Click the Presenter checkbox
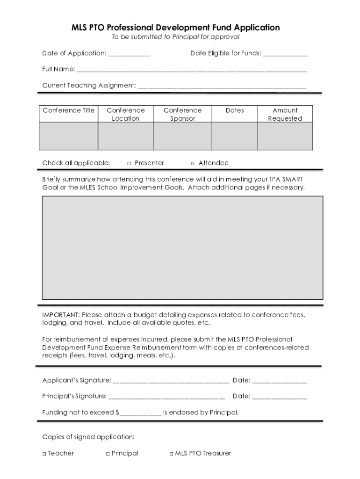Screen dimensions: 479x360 click(x=129, y=163)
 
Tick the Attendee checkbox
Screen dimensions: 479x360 click(x=193, y=163)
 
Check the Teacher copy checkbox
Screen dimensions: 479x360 click(x=44, y=453)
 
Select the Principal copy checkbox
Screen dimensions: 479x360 click(x=108, y=453)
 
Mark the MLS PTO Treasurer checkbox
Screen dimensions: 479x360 click(x=171, y=453)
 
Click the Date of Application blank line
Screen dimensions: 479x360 click(x=129, y=54)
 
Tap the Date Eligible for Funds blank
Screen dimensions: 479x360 click(x=286, y=54)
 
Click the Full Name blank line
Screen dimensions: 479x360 click(x=192, y=70)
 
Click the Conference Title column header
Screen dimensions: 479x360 click(x=68, y=110)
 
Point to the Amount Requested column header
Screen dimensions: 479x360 click(x=285, y=114)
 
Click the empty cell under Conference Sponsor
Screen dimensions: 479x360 click(x=182, y=136)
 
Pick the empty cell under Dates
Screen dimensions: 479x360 click(x=234, y=136)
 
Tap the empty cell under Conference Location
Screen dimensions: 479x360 click(x=125, y=136)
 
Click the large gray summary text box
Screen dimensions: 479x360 click(x=182, y=247)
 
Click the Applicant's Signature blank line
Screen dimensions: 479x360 click(x=171, y=381)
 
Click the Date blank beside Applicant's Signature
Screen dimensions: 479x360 click(x=280, y=381)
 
